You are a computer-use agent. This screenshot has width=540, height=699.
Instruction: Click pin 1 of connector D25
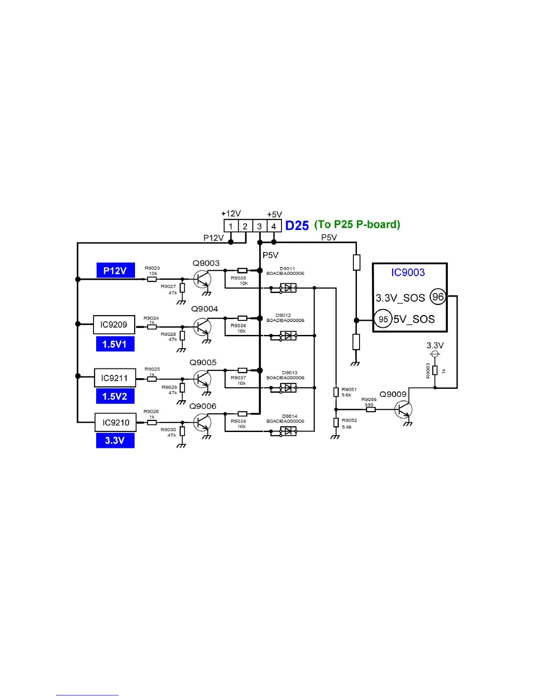click(231, 226)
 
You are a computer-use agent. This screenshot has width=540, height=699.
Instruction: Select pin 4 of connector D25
click(274, 226)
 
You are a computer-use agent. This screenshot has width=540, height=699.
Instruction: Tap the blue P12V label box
click(116, 271)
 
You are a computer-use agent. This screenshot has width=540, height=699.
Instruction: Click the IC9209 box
click(114, 325)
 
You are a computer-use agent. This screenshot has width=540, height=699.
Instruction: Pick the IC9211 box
click(115, 378)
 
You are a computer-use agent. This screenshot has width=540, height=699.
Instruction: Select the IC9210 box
click(116, 423)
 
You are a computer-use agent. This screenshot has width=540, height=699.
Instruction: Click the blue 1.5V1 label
click(115, 344)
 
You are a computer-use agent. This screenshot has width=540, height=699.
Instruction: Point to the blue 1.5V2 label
click(115, 396)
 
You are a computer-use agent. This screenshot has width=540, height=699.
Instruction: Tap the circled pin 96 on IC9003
click(438, 297)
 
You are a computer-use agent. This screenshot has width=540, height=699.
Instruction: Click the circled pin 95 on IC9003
click(383, 319)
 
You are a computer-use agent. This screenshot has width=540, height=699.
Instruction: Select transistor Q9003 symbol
click(202, 279)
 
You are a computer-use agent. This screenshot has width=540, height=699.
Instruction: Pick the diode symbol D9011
click(288, 288)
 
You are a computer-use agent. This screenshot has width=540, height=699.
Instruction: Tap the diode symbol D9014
click(288, 431)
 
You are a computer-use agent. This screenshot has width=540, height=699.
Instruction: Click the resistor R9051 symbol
click(336, 392)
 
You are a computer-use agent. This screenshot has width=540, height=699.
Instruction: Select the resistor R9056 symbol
click(371, 410)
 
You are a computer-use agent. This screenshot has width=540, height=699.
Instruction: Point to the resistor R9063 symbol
click(435, 370)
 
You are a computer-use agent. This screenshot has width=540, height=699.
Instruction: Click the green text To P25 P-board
click(357, 225)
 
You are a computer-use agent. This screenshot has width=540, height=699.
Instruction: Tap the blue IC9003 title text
click(408, 272)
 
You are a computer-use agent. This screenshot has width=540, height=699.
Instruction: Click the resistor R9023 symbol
click(152, 279)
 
